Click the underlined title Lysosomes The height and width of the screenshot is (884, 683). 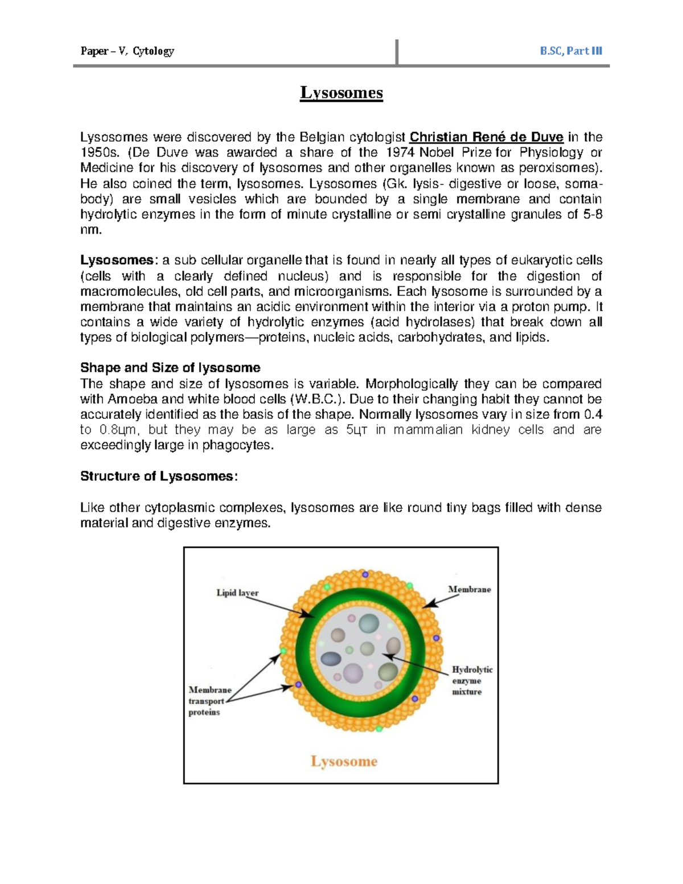(x=341, y=92)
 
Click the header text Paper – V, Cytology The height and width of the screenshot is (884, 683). (x=127, y=51)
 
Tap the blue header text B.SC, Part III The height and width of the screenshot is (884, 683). (x=571, y=51)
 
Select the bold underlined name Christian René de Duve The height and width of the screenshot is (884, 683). (x=487, y=137)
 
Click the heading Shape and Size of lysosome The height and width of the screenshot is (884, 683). (x=170, y=368)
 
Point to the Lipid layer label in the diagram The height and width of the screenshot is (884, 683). (x=237, y=593)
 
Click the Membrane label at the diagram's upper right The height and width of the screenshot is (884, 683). (x=469, y=589)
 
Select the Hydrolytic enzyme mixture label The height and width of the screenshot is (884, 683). (x=471, y=681)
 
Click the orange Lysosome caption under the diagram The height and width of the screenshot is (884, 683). (x=344, y=761)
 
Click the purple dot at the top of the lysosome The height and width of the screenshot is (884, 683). (x=365, y=575)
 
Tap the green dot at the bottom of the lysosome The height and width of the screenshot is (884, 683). (x=378, y=728)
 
